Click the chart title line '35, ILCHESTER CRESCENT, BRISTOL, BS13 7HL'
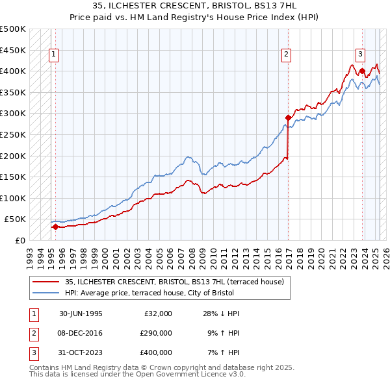tap(194, 6)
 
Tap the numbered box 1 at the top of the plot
tap(53, 55)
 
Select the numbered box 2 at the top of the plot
tap(286, 55)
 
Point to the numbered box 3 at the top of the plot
tap(360, 55)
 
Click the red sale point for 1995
tap(56, 227)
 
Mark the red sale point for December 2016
tap(287, 117)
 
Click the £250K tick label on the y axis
tap(13, 134)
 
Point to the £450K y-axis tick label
tap(13, 49)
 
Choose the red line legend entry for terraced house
tap(174, 282)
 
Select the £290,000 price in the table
tap(155, 333)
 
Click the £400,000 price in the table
tap(155, 352)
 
